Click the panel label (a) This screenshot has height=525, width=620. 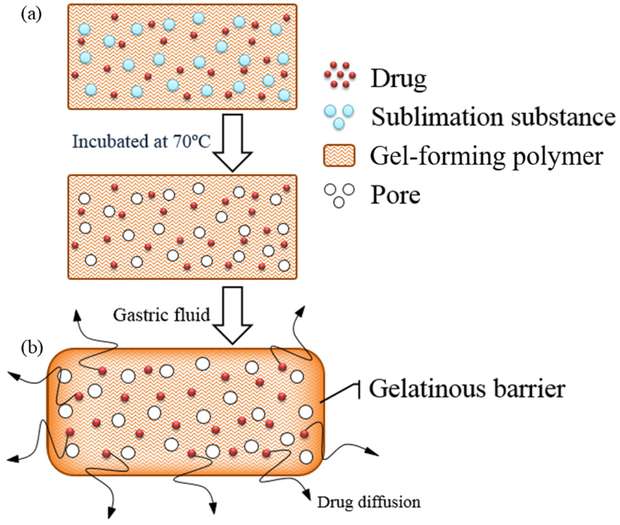click(x=31, y=15)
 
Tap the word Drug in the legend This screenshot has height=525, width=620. click(x=398, y=79)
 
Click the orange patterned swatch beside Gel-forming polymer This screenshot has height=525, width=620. click(x=339, y=155)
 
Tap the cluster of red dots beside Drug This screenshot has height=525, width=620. click(x=340, y=75)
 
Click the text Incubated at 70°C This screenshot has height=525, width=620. click(x=141, y=141)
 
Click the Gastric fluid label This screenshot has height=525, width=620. click(x=161, y=315)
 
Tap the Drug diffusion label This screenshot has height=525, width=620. click(x=368, y=502)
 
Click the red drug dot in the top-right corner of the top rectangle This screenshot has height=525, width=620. click(x=286, y=18)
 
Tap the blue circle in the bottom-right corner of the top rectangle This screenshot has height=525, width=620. click(x=284, y=95)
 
